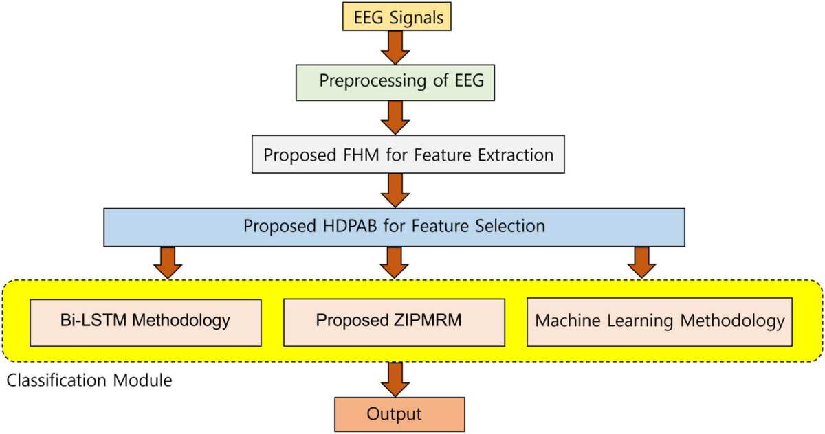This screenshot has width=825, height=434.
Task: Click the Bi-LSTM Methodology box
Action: (145, 321)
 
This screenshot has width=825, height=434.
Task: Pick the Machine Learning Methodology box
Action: (659, 321)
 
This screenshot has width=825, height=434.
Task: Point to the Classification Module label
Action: (89, 380)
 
